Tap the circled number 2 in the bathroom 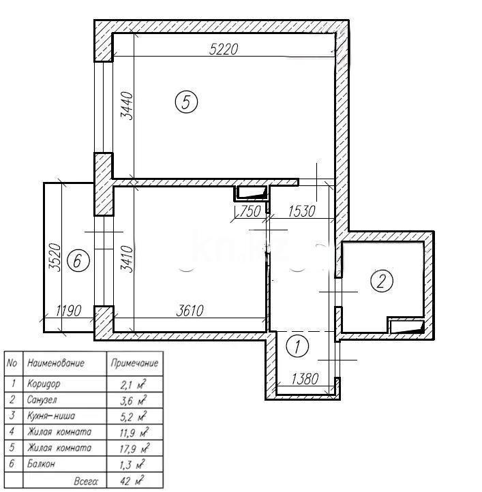(382, 280)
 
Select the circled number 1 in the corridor (297, 346)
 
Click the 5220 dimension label (225, 48)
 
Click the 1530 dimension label (301, 211)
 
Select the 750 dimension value (250, 211)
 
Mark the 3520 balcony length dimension (55, 258)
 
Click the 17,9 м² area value (134, 448)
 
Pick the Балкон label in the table (42, 465)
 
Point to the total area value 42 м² (134, 481)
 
